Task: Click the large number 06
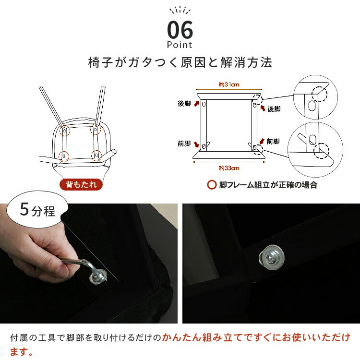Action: [180, 30]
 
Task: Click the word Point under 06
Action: [180, 45]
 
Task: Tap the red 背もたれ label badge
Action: [81, 185]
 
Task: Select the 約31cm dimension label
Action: [228, 84]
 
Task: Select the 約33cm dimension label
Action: [228, 168]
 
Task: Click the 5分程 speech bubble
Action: [37, 209]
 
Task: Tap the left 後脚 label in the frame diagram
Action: [184, 104]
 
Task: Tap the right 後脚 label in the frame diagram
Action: [274, 109]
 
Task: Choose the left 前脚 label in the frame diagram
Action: [184, 144]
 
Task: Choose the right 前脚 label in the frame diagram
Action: [273, 142]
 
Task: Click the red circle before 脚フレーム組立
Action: [212, 185]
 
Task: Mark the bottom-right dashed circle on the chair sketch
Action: [96, 156]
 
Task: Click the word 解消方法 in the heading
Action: [246, 62]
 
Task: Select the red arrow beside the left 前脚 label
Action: [196, 144]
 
